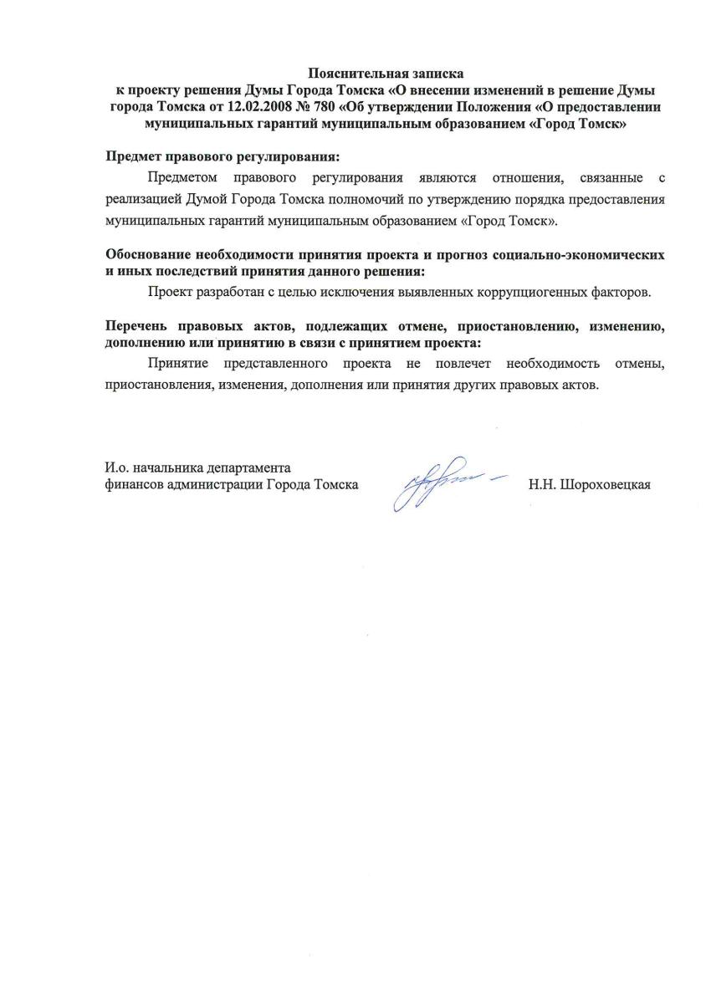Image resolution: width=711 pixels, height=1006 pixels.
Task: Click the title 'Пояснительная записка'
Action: tap(386, 74)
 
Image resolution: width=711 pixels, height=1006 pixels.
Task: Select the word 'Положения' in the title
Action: tap(500, 107)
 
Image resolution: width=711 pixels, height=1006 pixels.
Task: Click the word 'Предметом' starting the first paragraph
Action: tap(182, 178)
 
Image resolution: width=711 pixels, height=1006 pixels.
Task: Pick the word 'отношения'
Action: tap(519, 178)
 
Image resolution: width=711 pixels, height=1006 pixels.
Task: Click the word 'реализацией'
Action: tap(143, 201)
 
